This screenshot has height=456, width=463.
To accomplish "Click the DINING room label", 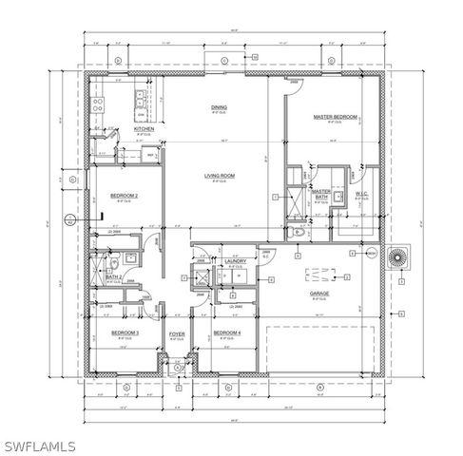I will point(219,107).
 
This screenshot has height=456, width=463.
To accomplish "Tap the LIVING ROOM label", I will point(220,175).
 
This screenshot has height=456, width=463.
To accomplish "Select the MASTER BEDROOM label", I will point(335,117).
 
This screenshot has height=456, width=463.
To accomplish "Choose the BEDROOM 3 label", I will point(125,332).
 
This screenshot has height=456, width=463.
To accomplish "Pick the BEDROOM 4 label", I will point(227,332).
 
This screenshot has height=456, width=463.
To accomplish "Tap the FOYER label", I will point(177,333).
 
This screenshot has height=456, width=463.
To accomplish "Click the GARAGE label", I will point(318,294).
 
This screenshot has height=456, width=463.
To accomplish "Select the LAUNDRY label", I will point(237,261).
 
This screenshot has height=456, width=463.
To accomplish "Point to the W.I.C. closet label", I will point(361,194).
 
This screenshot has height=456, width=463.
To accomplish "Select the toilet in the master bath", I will point(297,231).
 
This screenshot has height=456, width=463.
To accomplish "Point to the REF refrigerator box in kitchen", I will point(150,156).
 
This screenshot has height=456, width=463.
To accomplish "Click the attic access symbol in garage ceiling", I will point(314,276).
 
